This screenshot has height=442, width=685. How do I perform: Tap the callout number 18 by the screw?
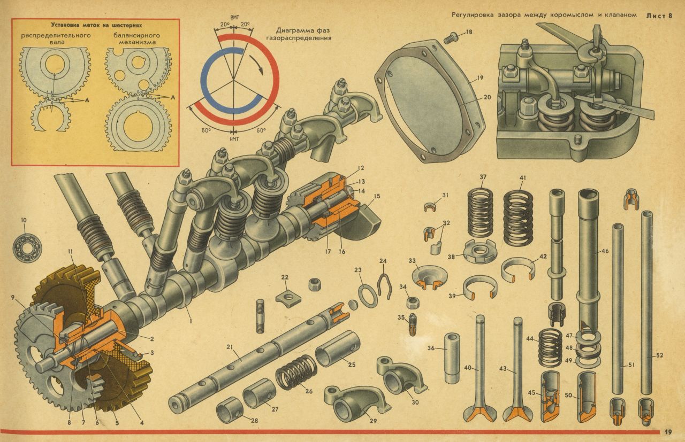[x=469, y=32]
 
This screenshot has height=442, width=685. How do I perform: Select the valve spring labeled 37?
[x=481, y=213]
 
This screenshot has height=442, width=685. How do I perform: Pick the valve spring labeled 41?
[x=518, y=218]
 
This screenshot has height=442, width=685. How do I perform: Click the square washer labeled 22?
[x=288, y=296]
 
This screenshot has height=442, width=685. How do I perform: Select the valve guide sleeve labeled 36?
[x=452, y=358]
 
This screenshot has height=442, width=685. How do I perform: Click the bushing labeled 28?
[x=230, y=409]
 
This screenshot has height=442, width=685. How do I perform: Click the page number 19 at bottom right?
[x=668, y=432]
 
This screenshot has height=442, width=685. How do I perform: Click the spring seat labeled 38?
[x=479, y=252]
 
